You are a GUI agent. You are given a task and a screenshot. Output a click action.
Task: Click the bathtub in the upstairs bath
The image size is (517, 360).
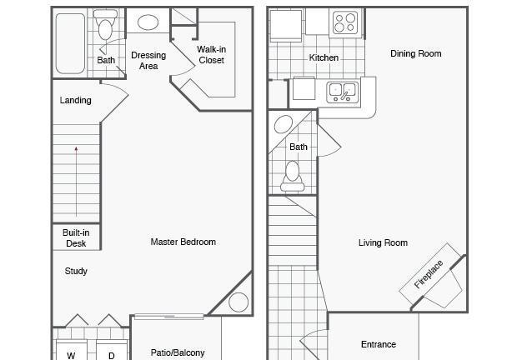[x=70, y=43]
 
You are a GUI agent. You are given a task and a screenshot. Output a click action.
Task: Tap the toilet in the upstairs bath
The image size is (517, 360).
[x=105, y=25]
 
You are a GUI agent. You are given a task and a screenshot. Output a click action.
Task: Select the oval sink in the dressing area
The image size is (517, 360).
[x=148, y=22]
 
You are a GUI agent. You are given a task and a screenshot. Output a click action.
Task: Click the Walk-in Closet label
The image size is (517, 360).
[x=211, y=55]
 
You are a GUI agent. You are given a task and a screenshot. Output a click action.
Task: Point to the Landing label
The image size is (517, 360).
[x=76, y=100]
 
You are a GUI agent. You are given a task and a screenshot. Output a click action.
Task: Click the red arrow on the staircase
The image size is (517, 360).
[x=76, y=182]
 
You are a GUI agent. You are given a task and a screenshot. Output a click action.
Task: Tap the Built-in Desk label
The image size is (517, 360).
[x=76, y=237]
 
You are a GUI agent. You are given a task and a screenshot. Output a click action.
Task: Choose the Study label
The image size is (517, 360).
[x=76, y=271]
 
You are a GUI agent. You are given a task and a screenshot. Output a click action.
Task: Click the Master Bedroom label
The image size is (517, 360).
[x=183, y=242]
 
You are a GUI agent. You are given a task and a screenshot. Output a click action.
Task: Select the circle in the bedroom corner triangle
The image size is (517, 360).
[x=238, y=302]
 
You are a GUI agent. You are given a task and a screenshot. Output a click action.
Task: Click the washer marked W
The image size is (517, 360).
[x=71, y=351]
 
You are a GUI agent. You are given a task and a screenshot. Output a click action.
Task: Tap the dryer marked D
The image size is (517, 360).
[x=112, y=352]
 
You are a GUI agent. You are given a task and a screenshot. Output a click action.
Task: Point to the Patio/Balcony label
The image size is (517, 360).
[x=178, y=352]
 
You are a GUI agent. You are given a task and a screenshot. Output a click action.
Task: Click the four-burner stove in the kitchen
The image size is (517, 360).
[x=345, y=22]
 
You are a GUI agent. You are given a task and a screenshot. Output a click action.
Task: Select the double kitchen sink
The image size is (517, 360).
[x=342, y=92]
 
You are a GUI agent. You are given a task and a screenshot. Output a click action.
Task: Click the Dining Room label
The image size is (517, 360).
[x=416, y=53]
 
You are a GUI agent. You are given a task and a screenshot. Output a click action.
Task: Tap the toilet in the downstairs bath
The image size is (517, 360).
[x=292, y=176]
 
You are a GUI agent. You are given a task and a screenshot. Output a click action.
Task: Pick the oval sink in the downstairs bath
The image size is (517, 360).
[x=284, y=124]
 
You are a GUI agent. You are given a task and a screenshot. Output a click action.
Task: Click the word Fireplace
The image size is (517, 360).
[x=429, y=275]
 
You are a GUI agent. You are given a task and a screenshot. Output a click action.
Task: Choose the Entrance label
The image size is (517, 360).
[x=379, y=344]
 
